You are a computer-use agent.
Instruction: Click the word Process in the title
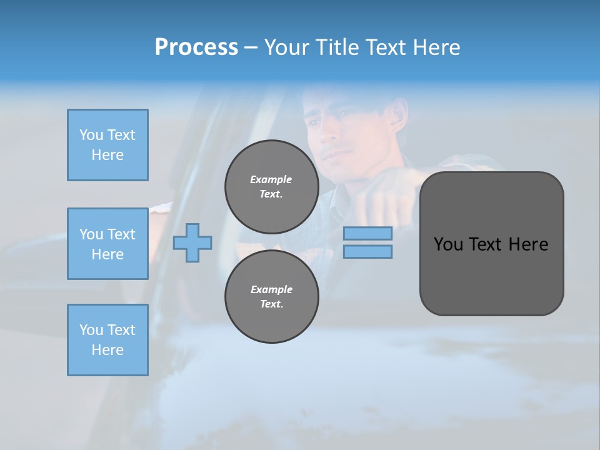[196, 47]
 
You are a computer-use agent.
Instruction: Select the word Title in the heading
[337, 47]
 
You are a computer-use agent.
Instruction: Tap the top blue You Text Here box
[107, 145]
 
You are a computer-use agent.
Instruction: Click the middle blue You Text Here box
[107, 244]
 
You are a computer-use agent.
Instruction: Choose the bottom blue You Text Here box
[107, 340]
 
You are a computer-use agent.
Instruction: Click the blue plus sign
[192, 242]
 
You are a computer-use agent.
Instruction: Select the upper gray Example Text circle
[271, 187]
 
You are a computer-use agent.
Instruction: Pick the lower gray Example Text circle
[271, 297]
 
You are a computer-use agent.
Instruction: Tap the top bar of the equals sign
[367, 233]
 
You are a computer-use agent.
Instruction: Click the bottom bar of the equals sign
[367, 251]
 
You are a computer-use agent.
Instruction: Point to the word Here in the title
[436, 47]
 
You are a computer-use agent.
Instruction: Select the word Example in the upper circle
[271, 179]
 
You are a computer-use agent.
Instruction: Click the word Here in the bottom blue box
[107, 350]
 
